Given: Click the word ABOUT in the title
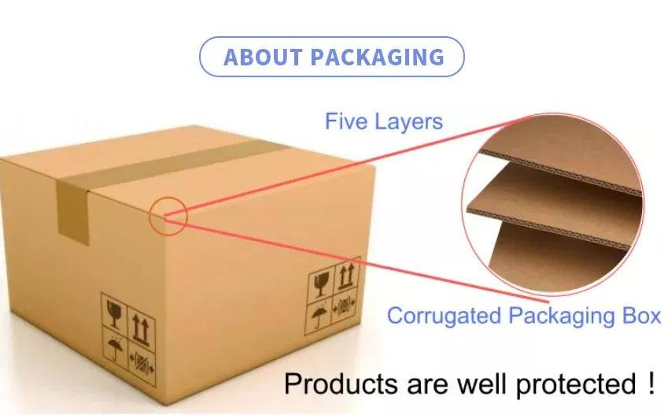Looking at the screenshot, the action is (x=263, y=57).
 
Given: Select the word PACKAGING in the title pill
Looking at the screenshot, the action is (x=378, y=57).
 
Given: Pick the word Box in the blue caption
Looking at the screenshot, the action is (x=639, y=316).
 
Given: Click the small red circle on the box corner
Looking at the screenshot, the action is (x=168, y=214).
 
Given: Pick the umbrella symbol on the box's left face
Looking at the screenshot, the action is (x=116, y=347).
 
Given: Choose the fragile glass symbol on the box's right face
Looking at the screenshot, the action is (x=320, y=285).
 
